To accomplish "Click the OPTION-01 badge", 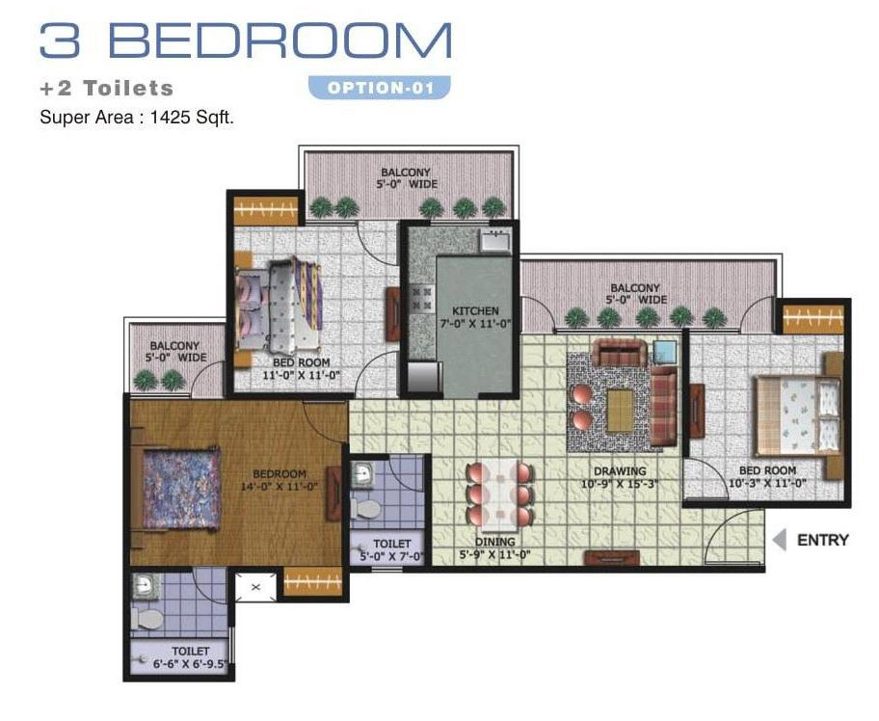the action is tap(380, 88).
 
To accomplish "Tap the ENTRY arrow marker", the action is tap(779, 540).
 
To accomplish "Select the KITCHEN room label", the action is tap(475, 310).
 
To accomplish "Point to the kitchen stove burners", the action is tap(423, 298).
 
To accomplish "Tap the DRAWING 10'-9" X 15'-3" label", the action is tap(620, 477).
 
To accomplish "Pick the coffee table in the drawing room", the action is tap(621, 411).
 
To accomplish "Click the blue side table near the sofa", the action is tap(665, 353).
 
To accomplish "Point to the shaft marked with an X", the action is tap(255, 587).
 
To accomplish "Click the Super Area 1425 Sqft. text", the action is tap(137, 118).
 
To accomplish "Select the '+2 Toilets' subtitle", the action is tap(107, 88).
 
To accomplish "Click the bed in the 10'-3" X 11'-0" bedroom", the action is tap(797, 415).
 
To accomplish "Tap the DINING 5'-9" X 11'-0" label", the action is tap(495, 548).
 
